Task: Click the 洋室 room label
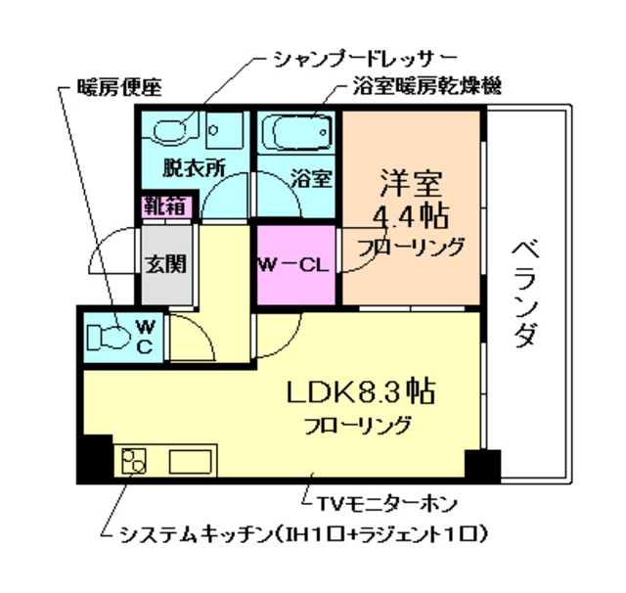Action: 411,183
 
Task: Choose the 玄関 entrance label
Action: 165,263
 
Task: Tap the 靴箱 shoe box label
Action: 165,206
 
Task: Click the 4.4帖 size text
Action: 411,214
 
